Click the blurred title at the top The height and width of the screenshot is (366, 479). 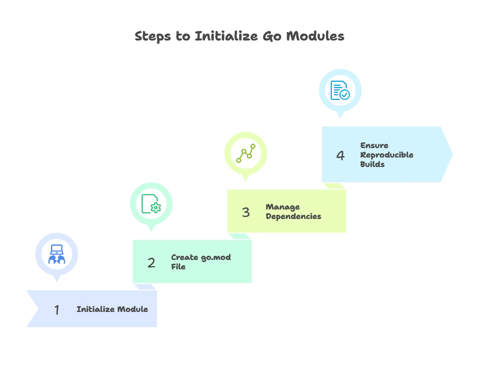(240, 37)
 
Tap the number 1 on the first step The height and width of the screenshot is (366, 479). (57, 310)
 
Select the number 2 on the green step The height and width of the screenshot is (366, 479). (151, 263)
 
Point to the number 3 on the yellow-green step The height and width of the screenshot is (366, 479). (246, 212)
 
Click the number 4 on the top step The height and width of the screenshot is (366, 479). (340, 155)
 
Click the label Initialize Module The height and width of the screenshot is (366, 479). (112, 309)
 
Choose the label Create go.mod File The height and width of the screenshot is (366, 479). (201, 262)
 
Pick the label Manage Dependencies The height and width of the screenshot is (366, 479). (293, 212)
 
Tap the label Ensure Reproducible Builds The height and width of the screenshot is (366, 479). (387, 155)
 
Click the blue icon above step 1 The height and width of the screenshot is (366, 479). (57, 255)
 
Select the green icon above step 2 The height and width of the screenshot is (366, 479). (151, 204)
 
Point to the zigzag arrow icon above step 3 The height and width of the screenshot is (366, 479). (246, 153)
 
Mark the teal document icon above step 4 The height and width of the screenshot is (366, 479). (340, 90)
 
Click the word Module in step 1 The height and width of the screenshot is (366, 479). (132, 309)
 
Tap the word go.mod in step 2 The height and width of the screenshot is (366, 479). (216, 257)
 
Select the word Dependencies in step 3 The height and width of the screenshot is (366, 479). (293, 216)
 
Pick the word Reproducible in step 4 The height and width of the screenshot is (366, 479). (387, 155)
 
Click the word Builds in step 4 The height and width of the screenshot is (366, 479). (372, 164)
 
